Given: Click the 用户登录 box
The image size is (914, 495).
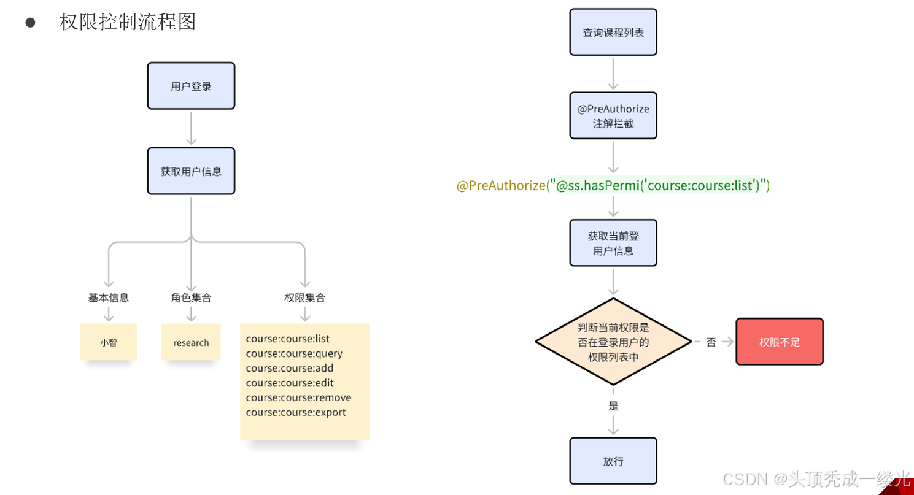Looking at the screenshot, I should (x=191, y=86).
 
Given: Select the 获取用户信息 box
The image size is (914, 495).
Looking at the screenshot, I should (x=191, y=171).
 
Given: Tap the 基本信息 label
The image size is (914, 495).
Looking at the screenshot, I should (x=109, y=297).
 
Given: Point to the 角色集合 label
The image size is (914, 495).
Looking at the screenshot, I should (x=191, y=297).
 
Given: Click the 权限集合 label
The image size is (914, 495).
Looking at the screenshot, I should (x=304, y=297).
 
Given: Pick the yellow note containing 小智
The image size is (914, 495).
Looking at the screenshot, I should (x=109, y=342).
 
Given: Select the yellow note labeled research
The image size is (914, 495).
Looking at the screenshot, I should (x=191, y=342).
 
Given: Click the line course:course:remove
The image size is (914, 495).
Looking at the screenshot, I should (x=298, y=397).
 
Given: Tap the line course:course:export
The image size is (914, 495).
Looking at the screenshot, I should (x=296, y=412).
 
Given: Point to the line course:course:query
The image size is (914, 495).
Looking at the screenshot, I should (x=294, y=353).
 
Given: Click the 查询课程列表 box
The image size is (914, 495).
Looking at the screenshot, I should (x=613, y=33).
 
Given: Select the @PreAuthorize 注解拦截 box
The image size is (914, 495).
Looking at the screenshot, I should (x=613, y=116).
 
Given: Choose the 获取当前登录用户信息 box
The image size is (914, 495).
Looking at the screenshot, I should (x=613, y=243).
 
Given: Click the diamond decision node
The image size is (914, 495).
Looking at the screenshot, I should (x=613, y=342).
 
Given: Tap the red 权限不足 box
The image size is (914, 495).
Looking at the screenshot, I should (x=780, y=342).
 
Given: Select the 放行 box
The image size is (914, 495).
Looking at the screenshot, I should (x=613, y=461).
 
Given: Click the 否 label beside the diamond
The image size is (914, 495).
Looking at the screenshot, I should (x=711, y=342).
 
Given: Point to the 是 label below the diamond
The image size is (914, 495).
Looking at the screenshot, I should (x=613, y=405).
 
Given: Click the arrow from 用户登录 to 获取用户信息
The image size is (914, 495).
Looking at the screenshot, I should (x=191, y=128).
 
